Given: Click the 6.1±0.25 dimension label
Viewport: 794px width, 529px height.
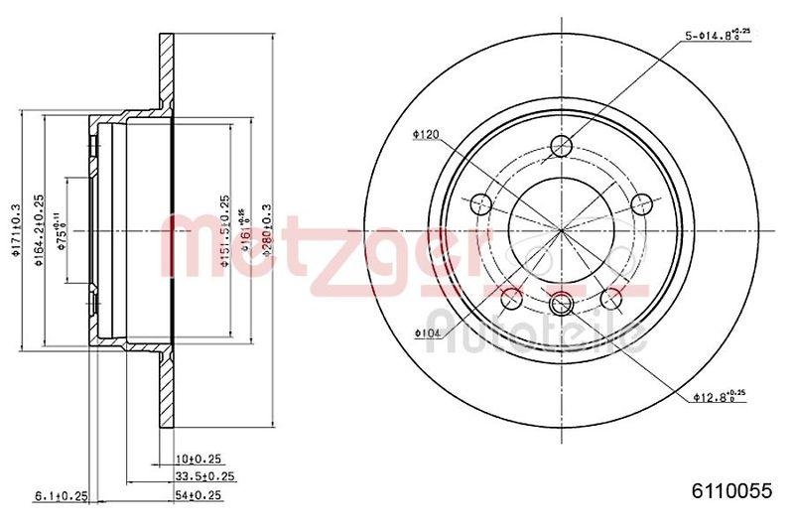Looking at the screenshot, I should [63, 494].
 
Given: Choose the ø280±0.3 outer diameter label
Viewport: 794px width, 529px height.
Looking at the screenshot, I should [265, 230].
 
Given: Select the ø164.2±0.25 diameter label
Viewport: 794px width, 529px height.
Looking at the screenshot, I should [37, 231].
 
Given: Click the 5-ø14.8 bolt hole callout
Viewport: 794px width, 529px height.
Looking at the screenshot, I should [717, 36].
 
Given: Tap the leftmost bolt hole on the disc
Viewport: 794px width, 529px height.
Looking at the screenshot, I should [481, 204].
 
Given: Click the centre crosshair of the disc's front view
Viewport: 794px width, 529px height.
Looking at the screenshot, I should [562, 230].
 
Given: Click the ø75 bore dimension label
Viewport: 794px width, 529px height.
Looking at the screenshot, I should [62, 230].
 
